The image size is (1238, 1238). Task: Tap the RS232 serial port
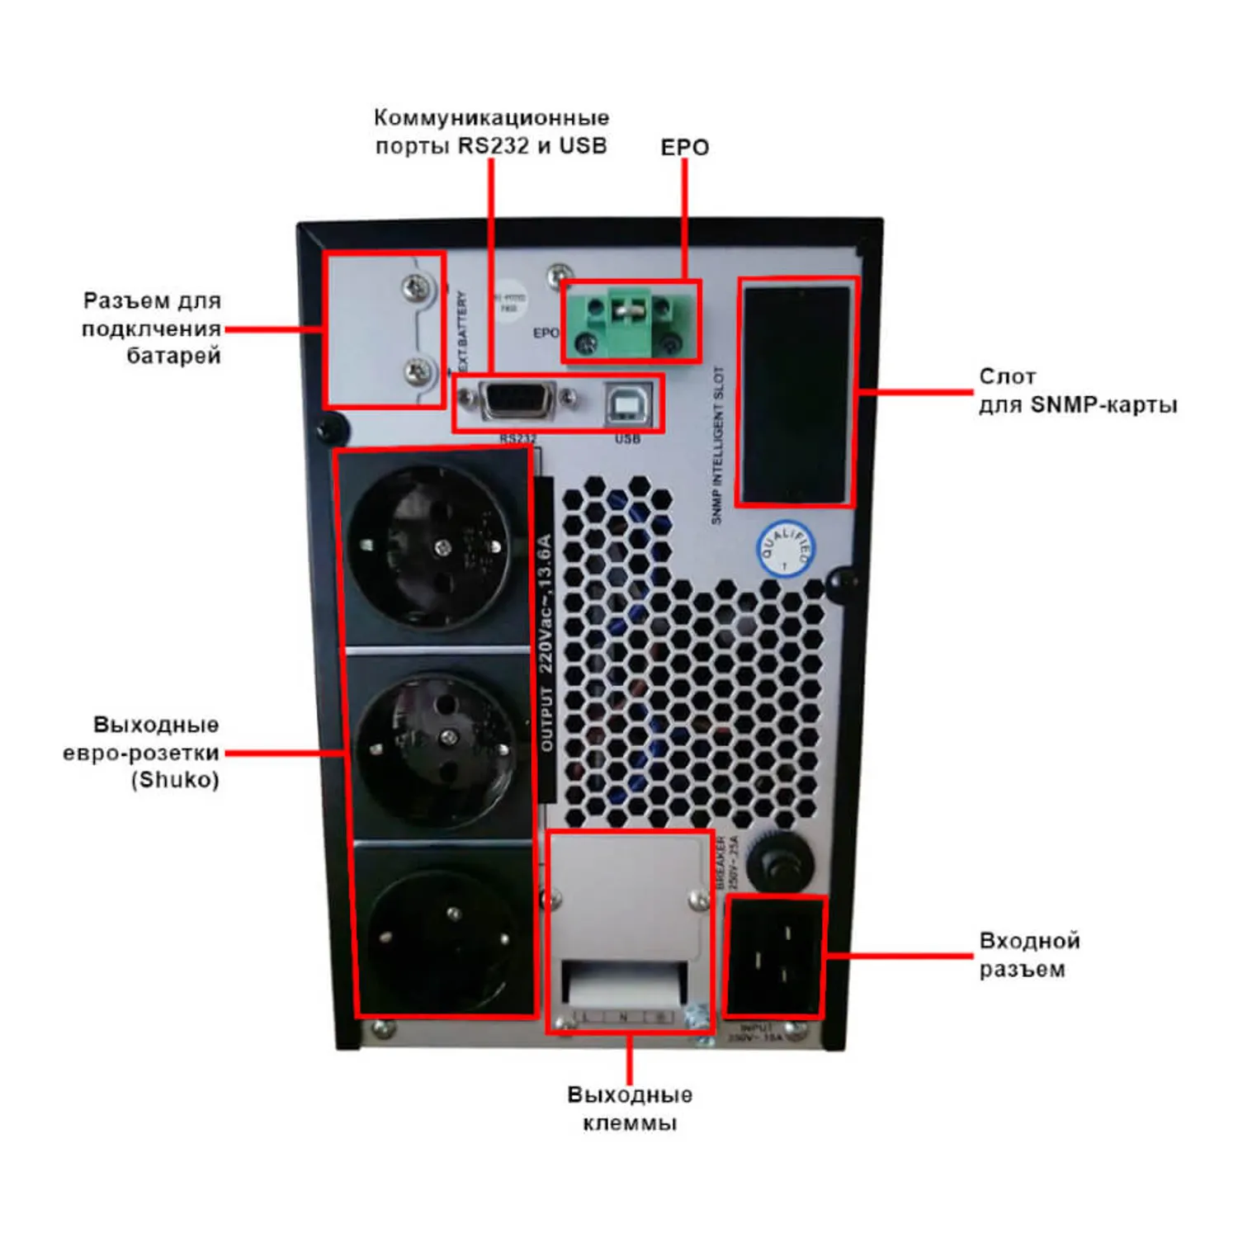[517, 401]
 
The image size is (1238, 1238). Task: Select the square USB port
[629, 404]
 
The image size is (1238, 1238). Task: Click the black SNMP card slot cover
[796, 394]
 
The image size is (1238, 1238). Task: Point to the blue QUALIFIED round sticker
[786, 549]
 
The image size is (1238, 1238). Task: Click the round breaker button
[780, 863]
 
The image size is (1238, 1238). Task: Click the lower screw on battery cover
[419, 371]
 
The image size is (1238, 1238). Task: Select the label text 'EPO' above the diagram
[684, 148]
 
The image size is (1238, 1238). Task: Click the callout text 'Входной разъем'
[1028, 955]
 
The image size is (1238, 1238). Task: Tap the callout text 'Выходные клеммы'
[630, 1108]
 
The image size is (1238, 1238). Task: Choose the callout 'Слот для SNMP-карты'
[1076, 391]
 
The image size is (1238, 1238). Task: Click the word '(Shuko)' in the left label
[175, 780]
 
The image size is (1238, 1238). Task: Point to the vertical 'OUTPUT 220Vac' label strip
[545, 644]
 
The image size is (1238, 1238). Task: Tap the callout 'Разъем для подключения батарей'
[152, 328]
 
